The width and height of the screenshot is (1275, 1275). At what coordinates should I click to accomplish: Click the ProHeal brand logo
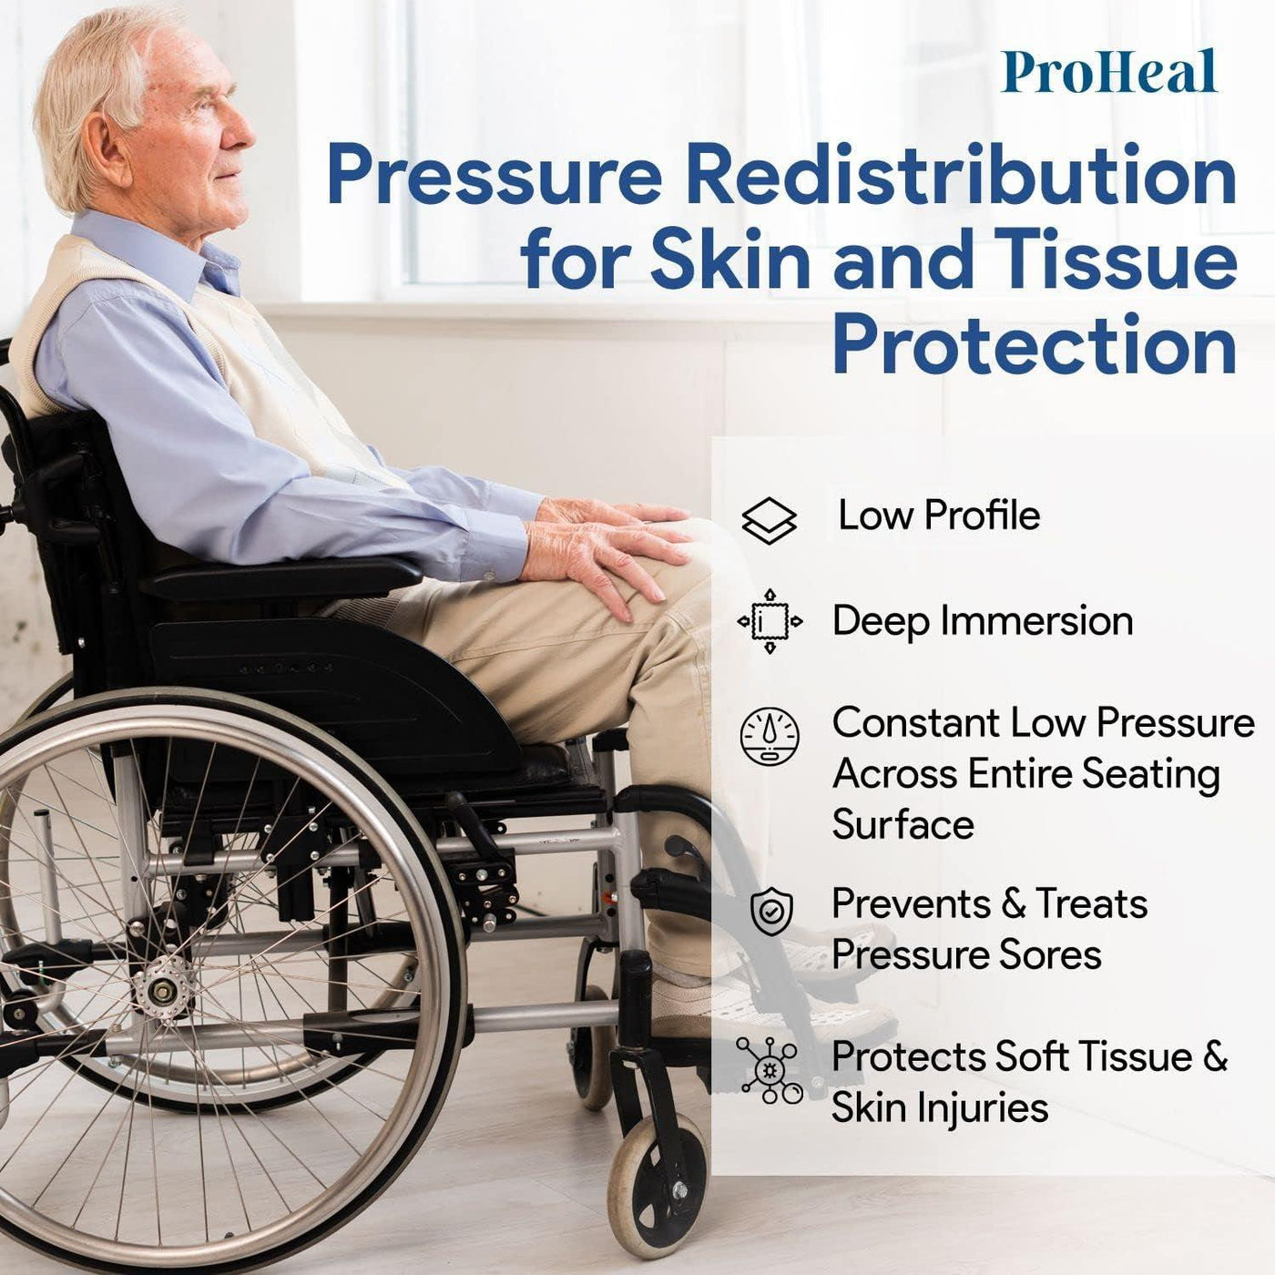click(1108, 73)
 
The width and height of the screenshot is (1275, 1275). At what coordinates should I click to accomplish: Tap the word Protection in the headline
click(1034, 345)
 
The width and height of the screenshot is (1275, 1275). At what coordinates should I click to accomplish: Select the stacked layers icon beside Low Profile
click(769, 521)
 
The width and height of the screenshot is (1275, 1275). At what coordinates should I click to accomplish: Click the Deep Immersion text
click(982, 621)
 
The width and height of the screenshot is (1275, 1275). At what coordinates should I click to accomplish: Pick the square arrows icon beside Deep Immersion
click(770, 622)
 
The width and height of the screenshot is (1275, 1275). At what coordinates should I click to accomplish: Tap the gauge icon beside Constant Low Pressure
click(770, 736)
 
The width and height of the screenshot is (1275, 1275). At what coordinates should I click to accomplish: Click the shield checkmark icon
click(771, 912)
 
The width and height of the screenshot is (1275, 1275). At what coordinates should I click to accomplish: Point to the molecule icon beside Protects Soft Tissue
click(770, 1070)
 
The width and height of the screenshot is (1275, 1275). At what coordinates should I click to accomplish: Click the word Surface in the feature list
click(903, 825)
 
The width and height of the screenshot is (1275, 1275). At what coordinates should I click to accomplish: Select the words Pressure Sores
click(965, 955)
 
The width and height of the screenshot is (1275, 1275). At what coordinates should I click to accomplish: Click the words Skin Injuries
click(939, 1108)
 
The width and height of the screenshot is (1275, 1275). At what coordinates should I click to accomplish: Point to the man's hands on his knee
click(610, 546)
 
